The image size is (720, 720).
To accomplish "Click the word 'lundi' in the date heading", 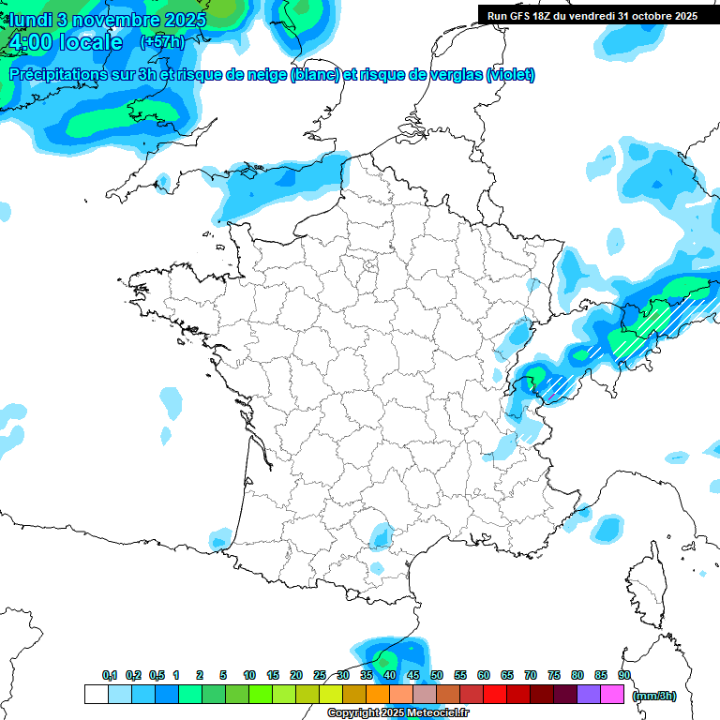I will point(30,20).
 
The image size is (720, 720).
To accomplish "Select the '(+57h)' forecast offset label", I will point(162,42).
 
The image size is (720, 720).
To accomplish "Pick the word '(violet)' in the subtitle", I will point(511,75).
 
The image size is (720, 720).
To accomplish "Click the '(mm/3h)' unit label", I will point(654,695).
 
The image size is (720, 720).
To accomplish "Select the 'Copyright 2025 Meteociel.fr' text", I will point(397,713).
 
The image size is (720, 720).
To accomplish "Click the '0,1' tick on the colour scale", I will point(110,675).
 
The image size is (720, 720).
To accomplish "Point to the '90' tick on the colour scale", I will point(624,675).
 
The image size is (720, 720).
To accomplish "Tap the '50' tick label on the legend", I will point(437,675).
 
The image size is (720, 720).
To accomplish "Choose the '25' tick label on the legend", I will point(320,675).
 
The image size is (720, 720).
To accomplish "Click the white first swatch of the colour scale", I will point(96,694).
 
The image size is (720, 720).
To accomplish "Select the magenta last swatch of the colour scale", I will point(612,694).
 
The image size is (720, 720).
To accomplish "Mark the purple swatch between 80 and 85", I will point(589,694).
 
